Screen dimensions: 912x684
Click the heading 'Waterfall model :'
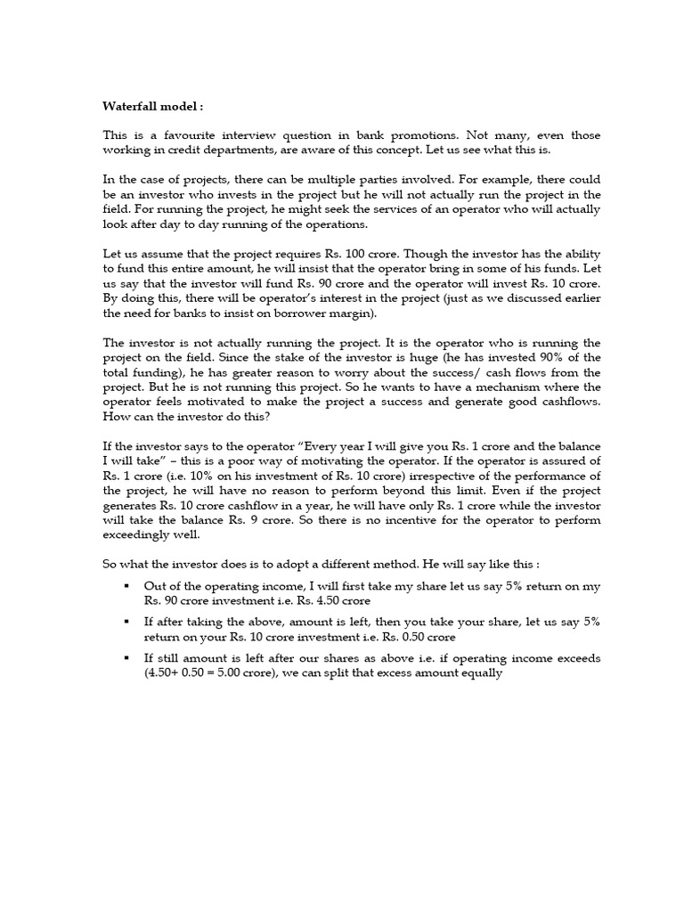click(x=153, y=106)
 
